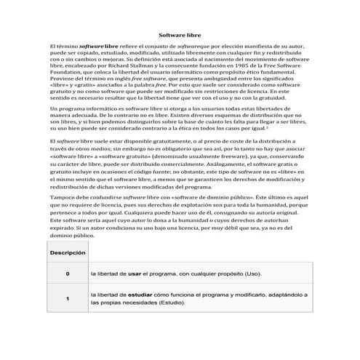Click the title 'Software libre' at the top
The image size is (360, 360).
(x=180, y=34)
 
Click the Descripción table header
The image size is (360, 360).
(x=68, y=252)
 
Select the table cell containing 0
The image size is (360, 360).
(x=68, y=275)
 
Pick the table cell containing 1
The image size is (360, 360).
(x=68, y=298)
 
